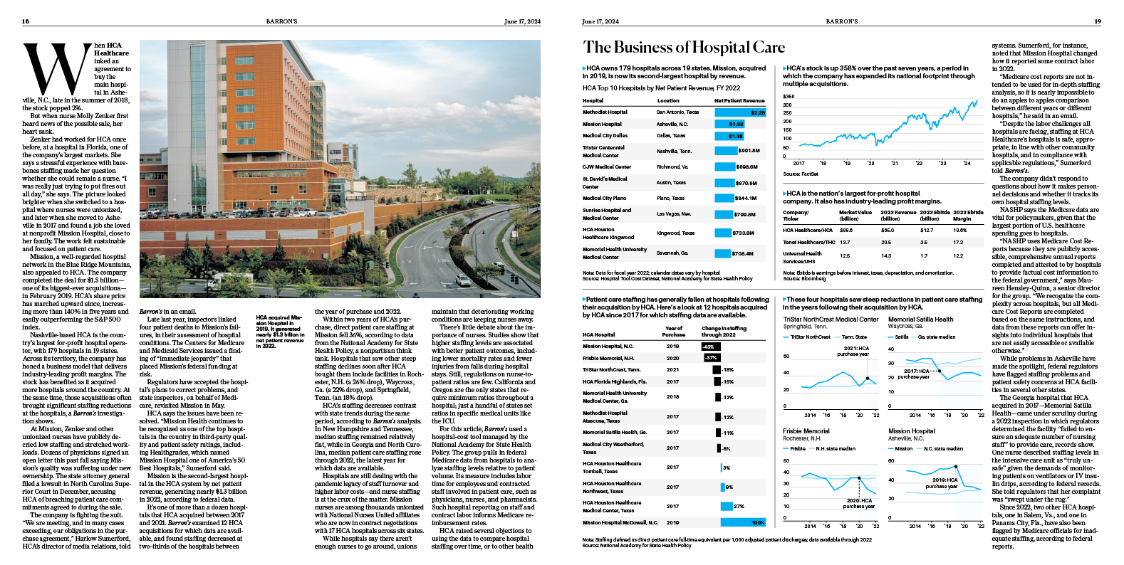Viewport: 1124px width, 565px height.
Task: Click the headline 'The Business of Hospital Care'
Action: tap(684, 48)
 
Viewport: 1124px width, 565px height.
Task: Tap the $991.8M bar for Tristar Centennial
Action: tap(725, 151)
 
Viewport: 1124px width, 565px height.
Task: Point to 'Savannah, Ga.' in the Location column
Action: tap(672, 253)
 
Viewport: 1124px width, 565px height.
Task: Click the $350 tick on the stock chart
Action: tap(789, 96)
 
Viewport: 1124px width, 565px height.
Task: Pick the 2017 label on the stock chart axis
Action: tap(798, 163)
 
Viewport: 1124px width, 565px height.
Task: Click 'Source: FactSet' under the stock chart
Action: tap(801, 174)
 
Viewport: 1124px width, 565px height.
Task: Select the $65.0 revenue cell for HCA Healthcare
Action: tap(887, 230)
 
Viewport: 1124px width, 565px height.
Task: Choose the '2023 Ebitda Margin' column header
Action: tap(968, 216)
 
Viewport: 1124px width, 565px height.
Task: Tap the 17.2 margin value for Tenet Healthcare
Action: tap(958, 242)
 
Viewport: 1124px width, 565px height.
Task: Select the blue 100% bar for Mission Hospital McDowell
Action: tap(743, 522)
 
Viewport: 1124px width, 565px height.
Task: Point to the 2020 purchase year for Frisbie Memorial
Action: tap(672, 358)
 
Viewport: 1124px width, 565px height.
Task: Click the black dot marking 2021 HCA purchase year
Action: tap(868, 379)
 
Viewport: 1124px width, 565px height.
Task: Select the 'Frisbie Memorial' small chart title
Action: tap(806, 431)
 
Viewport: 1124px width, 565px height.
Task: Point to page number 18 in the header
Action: tap(26, 21)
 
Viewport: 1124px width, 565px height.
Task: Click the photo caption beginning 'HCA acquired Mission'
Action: tap(279, 332)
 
